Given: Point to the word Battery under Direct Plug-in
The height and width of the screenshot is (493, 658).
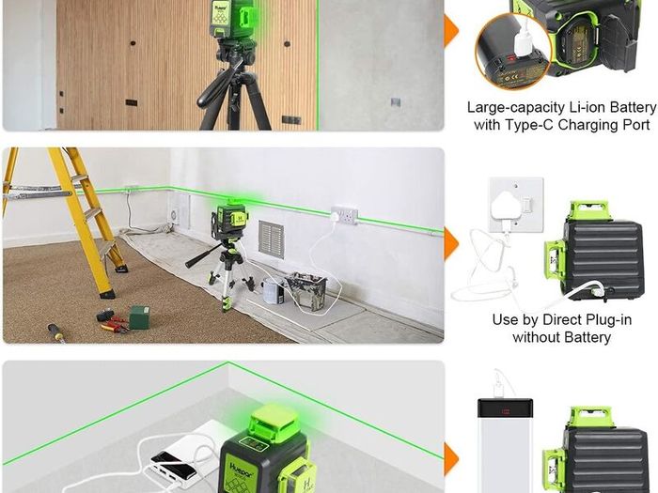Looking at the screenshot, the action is [587, 337].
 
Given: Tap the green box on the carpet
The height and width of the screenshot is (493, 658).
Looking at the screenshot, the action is [139, 317].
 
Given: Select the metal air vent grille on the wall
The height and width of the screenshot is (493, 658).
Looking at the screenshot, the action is [271, 239].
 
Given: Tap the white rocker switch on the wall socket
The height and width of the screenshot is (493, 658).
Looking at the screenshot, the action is [528, 205].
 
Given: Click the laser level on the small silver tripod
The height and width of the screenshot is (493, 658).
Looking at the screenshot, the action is [230, 216].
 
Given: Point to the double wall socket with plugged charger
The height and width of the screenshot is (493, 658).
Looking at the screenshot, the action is [345, 215].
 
